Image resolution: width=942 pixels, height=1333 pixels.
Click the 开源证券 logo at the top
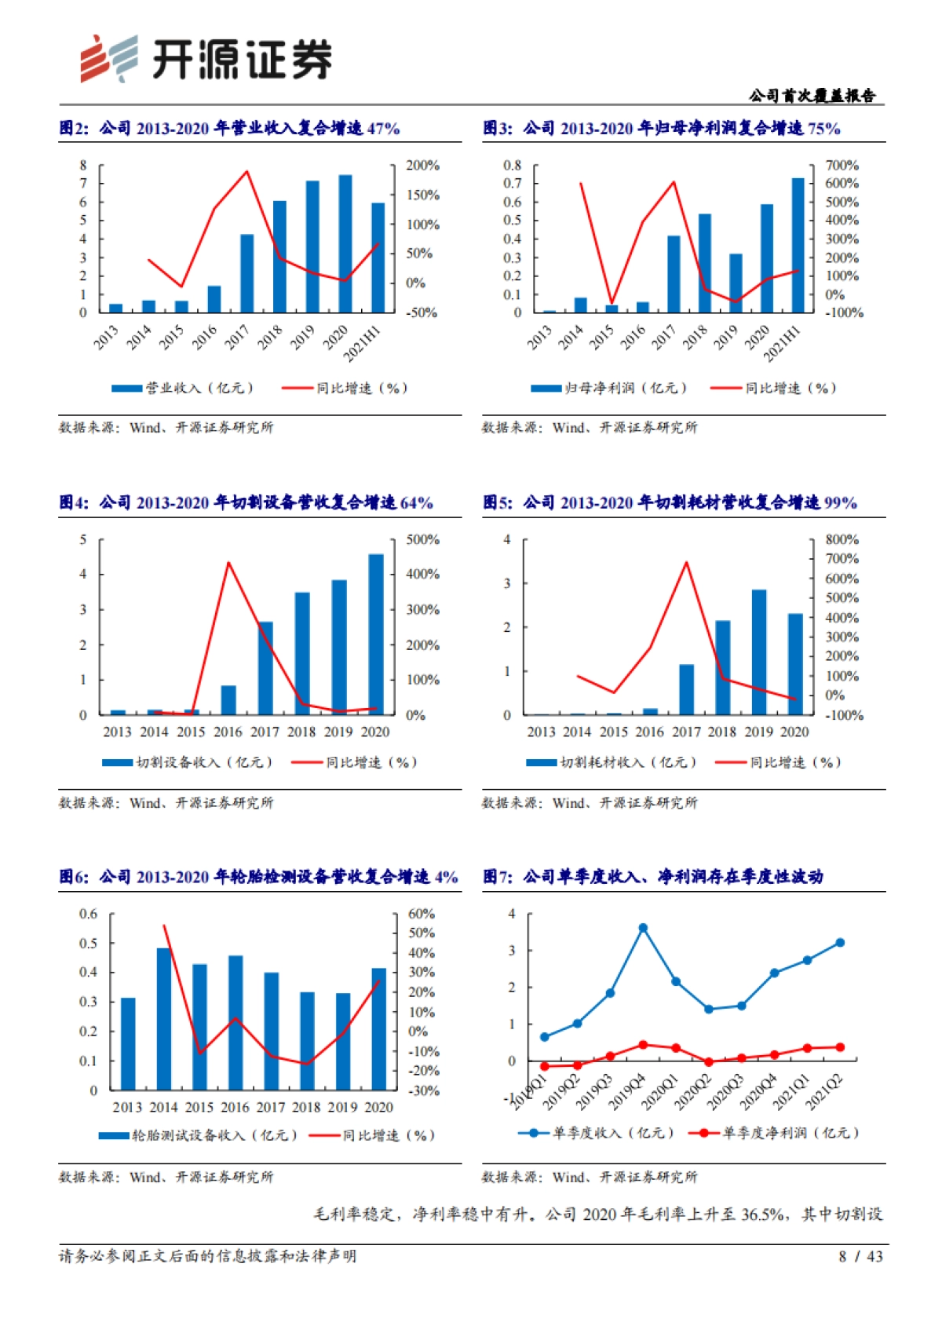pyautogui.click(x=206, y=59)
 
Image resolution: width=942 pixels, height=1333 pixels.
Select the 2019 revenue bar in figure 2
pyautogui.click(x=312, y=247)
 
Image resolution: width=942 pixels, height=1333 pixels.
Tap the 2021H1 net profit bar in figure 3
pyautogui.click(x=798, y=246)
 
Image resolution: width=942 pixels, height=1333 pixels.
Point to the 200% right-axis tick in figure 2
pyautogui.click(x=422, y=166)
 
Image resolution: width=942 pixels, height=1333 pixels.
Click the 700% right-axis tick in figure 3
pyautogui.click(x=842, y=166)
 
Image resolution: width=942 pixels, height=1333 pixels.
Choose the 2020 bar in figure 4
pyautogui.click(x=376, y=634)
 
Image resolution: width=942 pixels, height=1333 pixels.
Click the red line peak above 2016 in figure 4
pyautogui.click(x=228, y=563)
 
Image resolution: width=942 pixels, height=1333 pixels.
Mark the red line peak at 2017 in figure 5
pyautogui.click(x=687, y=562)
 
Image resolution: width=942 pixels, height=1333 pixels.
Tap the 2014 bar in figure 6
pyautogui.click(x=164, y=1019)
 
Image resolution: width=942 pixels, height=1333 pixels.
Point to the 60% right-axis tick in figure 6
pyautogui.click(x=421, y=914)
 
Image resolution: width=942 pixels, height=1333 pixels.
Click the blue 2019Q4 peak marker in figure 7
pyautogui.click(x=643, y=928)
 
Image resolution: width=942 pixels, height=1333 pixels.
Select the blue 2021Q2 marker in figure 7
pyautogui.click(x=840, y=943)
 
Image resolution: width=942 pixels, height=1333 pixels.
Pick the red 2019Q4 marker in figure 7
pyautogui.click(x=643, y=1045)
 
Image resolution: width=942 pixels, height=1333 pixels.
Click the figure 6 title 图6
pyautogui.click(x=74, y=877)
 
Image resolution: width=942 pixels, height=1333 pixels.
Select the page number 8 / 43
pyautogui.click(x=860, y=1256)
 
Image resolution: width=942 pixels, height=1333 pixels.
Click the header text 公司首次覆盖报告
pyautogui.click(x=812, y=96)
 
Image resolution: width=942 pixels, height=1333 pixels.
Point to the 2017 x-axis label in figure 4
pyautogui.click(x=265, y=732)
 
